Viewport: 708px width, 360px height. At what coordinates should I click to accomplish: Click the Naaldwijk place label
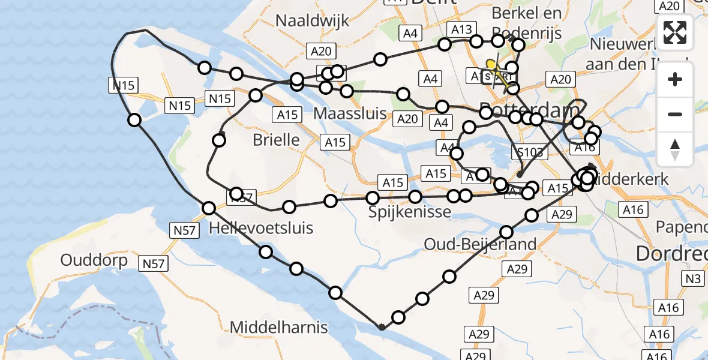click(x=312, y=20)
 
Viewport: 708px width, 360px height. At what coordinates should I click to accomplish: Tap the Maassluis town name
click(x=350, y=113)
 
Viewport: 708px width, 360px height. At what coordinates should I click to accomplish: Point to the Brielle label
click(x=276, y=140)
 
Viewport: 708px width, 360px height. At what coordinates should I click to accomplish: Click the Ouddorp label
click(x=94, y=260)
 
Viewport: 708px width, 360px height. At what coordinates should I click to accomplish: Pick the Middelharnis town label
click(x=279, y=327)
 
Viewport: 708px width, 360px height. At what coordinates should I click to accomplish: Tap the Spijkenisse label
click(x=402, y=212)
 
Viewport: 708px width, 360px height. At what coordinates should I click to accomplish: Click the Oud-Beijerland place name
click(x=480, y=244)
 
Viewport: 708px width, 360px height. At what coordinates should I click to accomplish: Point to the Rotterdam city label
click(x=528, y=111)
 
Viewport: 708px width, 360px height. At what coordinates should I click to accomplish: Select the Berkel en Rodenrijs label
click(x=527, y=23)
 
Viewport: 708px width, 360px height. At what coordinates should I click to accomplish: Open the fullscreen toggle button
click(x=675, y=32)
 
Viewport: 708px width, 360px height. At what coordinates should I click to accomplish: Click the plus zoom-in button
click(x=675, y=79)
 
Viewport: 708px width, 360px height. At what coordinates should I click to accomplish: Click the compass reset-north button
click(x=675, y=149)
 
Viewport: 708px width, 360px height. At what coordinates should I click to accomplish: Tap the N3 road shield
click(x=694, y=278)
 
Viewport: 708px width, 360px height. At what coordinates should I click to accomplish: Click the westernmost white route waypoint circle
click(x=134, y=120)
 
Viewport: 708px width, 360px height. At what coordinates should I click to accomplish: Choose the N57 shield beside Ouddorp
click(x=153, y=262)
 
